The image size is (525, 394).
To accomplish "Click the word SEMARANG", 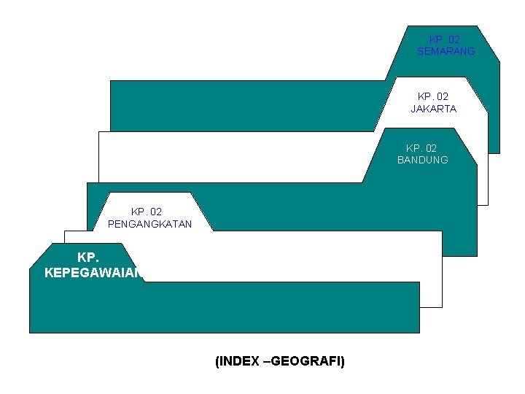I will (446, 51).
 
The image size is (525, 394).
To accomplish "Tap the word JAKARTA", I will (433, 109).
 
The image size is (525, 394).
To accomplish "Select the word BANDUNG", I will (422, 160).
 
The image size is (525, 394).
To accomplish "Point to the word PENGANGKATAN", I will (149, 224).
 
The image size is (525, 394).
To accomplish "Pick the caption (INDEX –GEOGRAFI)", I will (280, 361).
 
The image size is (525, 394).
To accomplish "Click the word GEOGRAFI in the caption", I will (311, 361).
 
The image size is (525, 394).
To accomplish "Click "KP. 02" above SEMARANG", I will (445, 39).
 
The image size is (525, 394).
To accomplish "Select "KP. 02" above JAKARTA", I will (433, 96).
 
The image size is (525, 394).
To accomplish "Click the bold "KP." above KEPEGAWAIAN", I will (88, 258).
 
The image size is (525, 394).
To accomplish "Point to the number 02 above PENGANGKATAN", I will (156, 212).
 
